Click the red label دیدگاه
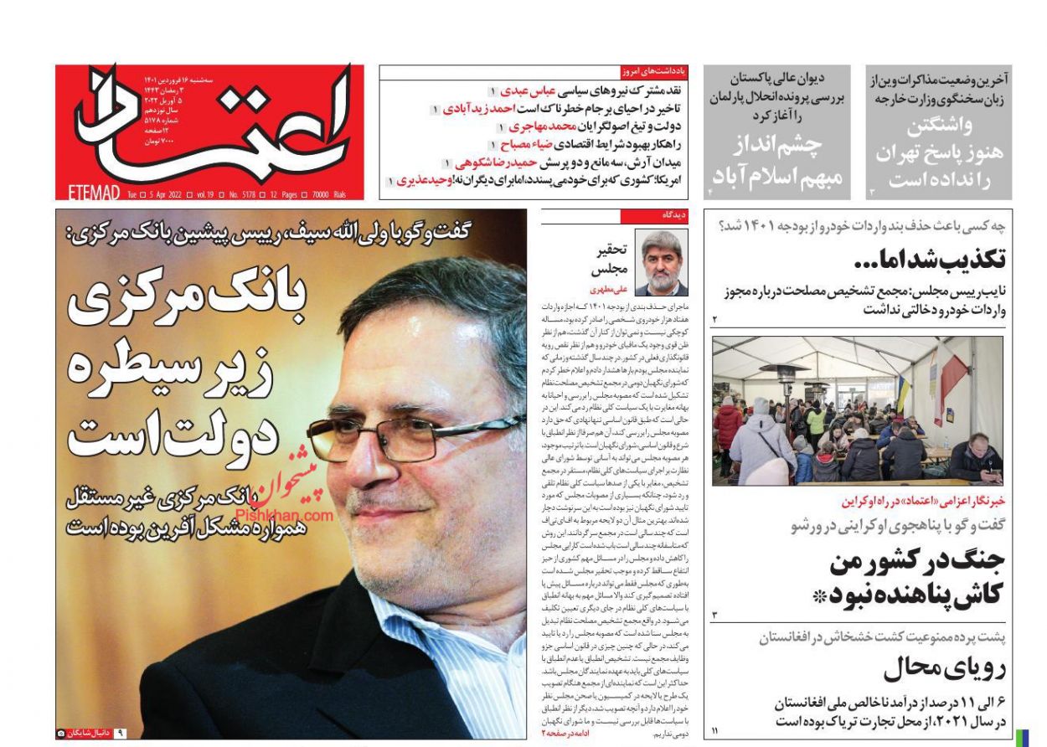pos(673,216)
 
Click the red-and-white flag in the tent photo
pos(953,381)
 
